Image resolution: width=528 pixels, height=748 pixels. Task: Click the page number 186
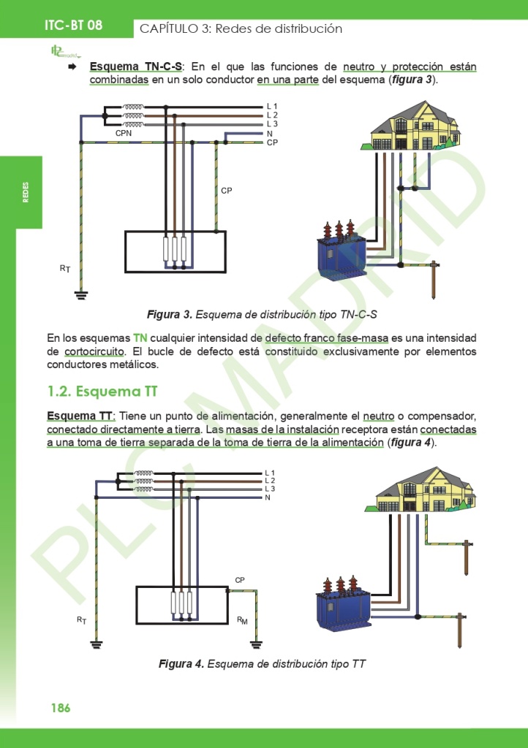click(x=60, y=708)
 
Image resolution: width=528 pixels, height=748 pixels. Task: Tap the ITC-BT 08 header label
click(x=73, y=25)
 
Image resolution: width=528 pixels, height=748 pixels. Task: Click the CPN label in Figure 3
click(x=124, y=134)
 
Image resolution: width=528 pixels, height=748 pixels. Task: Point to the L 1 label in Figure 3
click(x=272, y=107)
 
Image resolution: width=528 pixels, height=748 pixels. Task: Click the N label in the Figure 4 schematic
click(x=268, y=497)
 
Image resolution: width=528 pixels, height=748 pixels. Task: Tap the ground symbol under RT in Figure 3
click(x=80, y=295)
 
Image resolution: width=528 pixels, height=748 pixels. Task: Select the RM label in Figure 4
click(x=242, y=620)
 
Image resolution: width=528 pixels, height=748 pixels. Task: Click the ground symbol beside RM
click(x=256, y=644)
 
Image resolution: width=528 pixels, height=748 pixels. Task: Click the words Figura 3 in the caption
click(x=169, y=314)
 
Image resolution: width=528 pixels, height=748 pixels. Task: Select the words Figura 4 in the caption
click(x=181, y=664)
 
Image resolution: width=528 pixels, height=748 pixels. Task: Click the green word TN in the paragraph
click(x=140, y=338)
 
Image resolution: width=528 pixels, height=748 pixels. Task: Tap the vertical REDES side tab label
click(x=26, y=193)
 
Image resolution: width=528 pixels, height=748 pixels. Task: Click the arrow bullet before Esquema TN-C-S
click(x=72, y=67)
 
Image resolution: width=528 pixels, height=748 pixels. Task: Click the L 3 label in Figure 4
click(x=270, y=489)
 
